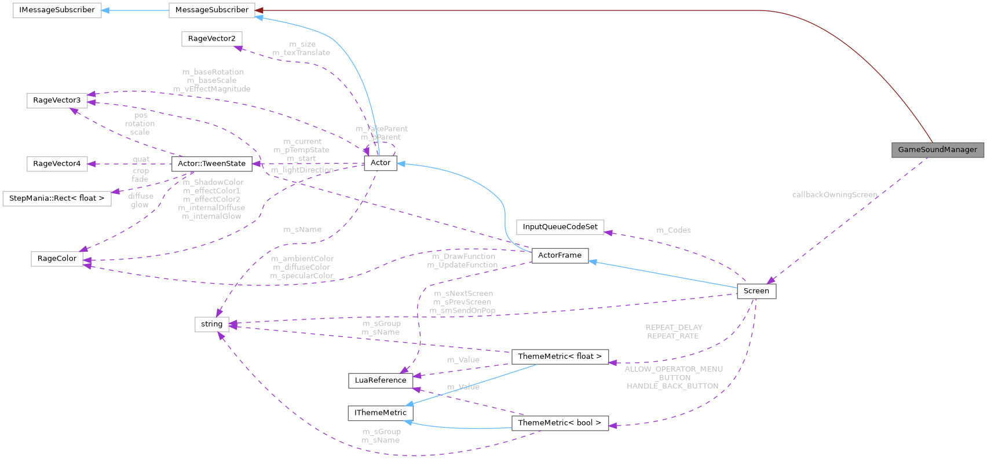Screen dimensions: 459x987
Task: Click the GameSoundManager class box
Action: [937, 149]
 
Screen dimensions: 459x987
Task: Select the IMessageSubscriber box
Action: [57, 10]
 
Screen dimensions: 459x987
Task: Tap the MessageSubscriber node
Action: [211, 10]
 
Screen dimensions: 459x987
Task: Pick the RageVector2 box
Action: [211, 38]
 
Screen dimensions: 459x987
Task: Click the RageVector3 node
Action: [57, 100]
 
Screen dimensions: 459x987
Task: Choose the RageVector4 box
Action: [57, 164]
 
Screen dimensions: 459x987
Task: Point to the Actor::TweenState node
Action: [211, 164]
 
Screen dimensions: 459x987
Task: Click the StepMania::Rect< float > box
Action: [57, 198]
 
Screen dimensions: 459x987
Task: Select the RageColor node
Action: [57, 258]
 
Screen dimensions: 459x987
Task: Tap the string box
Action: [211, 324]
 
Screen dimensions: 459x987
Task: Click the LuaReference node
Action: [381, 380]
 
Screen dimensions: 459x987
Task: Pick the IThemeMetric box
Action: [381, 413]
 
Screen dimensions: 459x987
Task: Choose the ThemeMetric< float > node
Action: [560, 357]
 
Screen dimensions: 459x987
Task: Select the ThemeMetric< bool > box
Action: [560, 423]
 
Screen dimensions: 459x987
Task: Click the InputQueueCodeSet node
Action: [560, 227]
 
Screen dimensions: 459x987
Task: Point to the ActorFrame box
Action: [560, 255]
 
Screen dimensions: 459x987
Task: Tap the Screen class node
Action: [756, 291]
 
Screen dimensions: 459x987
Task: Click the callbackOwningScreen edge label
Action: [835, 195]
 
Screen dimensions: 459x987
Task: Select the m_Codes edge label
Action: [673, 230]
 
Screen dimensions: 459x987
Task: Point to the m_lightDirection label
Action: [302, 170]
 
